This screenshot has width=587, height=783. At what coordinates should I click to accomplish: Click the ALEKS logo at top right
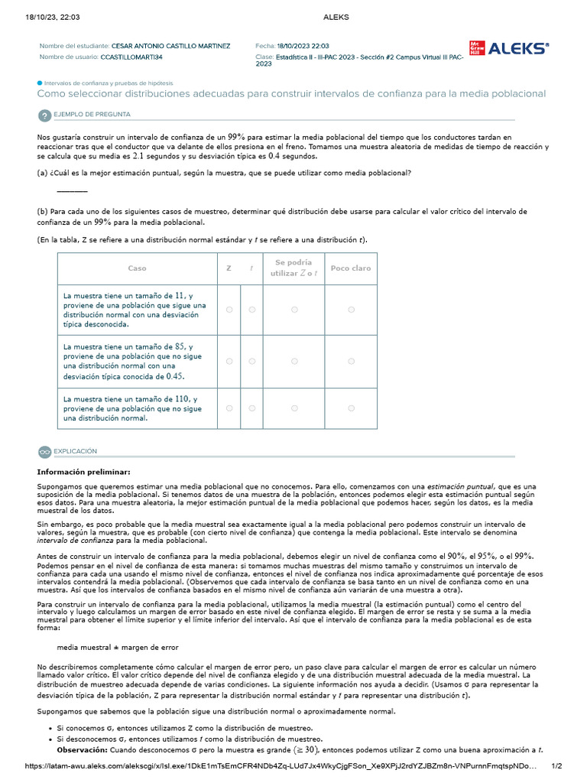coord(509,49)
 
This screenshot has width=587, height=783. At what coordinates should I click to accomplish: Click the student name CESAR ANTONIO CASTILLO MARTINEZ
coord(170,46)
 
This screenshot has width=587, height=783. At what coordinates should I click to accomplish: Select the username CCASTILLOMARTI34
coord(131,57)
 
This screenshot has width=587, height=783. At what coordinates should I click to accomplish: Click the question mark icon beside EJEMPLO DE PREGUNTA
coord(44,115)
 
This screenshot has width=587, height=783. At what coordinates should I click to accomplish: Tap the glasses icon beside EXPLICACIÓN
coord(44,452)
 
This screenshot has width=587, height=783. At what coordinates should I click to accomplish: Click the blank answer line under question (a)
coord(72,191)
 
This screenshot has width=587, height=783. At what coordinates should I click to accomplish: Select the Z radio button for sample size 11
coord(229,309)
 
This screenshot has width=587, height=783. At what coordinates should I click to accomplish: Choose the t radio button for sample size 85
coord(251,361)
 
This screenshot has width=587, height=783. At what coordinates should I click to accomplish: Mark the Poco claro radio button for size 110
coord(351,408)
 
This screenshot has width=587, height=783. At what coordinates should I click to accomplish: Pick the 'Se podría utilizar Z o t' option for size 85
coord(294,361)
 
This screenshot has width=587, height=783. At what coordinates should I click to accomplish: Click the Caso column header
coord(137,268)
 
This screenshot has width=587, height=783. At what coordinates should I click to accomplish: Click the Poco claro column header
coord(351,268)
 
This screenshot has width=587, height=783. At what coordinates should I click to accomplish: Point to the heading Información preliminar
coord(84,472)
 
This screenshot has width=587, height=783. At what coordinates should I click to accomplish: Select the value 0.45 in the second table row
coord(175,376)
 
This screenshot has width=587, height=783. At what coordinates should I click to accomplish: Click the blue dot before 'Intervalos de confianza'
coord(40,83)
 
